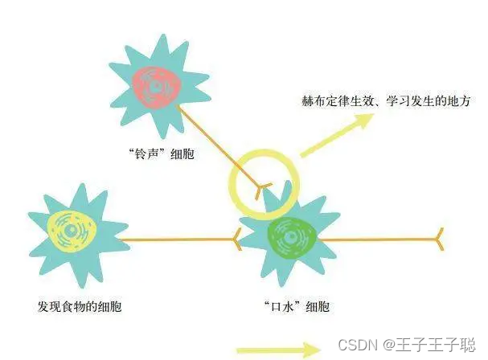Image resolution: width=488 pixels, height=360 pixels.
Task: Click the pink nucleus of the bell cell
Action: click(x=157, y=84)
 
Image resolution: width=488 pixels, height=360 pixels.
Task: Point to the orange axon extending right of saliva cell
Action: click(x=378, y=239)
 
